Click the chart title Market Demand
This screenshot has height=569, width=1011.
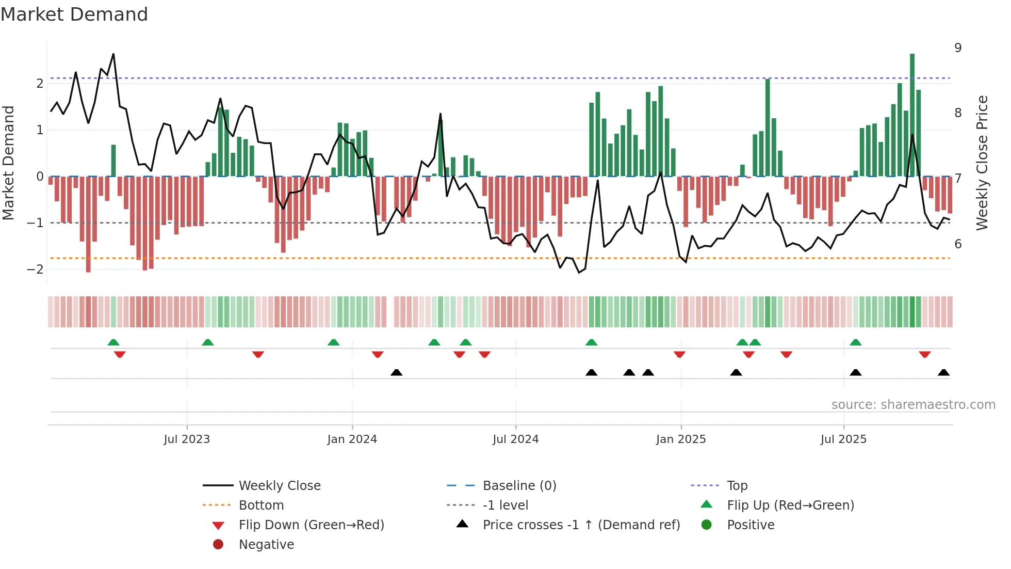[x=74, y=14]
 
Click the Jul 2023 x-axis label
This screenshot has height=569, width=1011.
[x=187, y=439]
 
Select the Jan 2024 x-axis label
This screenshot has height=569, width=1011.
[x=352, y=439]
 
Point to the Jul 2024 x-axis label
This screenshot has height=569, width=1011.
[x=515, y=439]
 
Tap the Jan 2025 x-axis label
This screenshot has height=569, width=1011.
[x=681, y=439]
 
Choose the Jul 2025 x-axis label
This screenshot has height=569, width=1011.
[x=843, y=439]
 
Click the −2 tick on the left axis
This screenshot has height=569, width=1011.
[x=36, y=270]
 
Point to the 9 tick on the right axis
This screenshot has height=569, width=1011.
[x=958, y=48]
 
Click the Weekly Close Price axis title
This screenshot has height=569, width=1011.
[x=982, y=163]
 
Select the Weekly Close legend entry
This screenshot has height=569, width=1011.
[x=279, y=486]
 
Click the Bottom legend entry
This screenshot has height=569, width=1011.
[x=261, y=505]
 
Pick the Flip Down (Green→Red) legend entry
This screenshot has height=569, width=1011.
[x=311, y=525]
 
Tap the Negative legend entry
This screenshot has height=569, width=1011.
[x=266, y=545]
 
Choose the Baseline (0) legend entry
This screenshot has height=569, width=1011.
[x=519, y=486]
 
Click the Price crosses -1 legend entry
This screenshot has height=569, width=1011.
[x=581, y=525]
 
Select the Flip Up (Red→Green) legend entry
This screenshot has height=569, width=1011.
[x=790, y=505]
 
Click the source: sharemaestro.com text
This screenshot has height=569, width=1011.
[x=913, y=405]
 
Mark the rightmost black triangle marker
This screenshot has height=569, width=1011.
[x=943, y=373]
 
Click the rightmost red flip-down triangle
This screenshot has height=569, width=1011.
[x=924, y=354]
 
